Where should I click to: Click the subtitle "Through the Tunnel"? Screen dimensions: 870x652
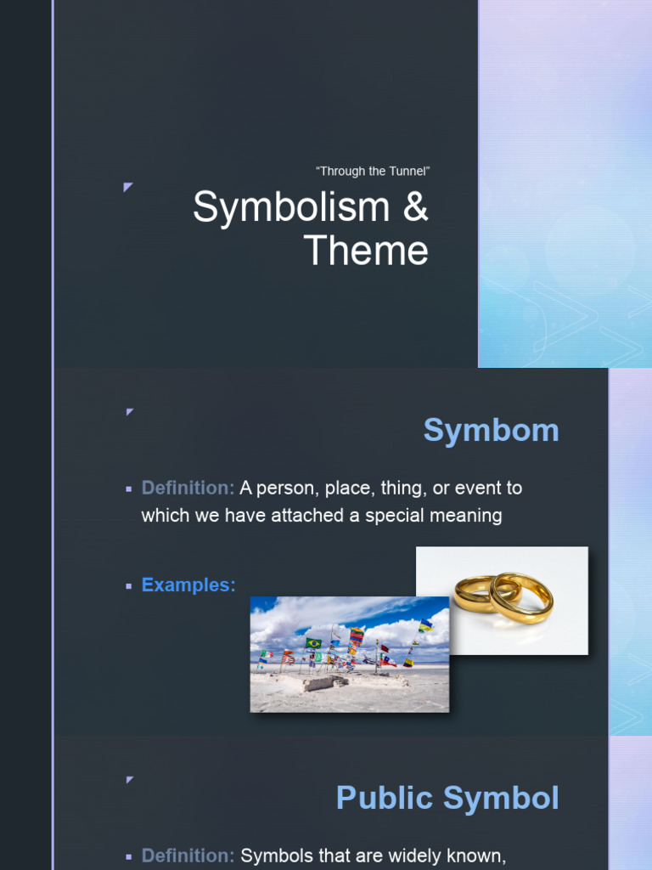(374, 172)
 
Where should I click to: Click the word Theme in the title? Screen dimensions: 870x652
(366, 251)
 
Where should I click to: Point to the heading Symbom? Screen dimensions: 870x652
(491, 431)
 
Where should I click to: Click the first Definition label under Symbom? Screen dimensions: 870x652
(188, 489)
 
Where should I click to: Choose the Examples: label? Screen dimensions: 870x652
(188, 585)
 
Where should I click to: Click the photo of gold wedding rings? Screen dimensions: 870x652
(503, 600)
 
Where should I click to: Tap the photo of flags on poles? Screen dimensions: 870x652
(350, 654)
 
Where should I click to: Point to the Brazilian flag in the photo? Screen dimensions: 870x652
(313, 643)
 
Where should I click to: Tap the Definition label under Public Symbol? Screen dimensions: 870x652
(188, 856)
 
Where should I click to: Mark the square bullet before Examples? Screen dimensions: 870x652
(129, 586)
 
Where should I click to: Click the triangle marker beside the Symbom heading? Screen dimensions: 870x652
(130, 412)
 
